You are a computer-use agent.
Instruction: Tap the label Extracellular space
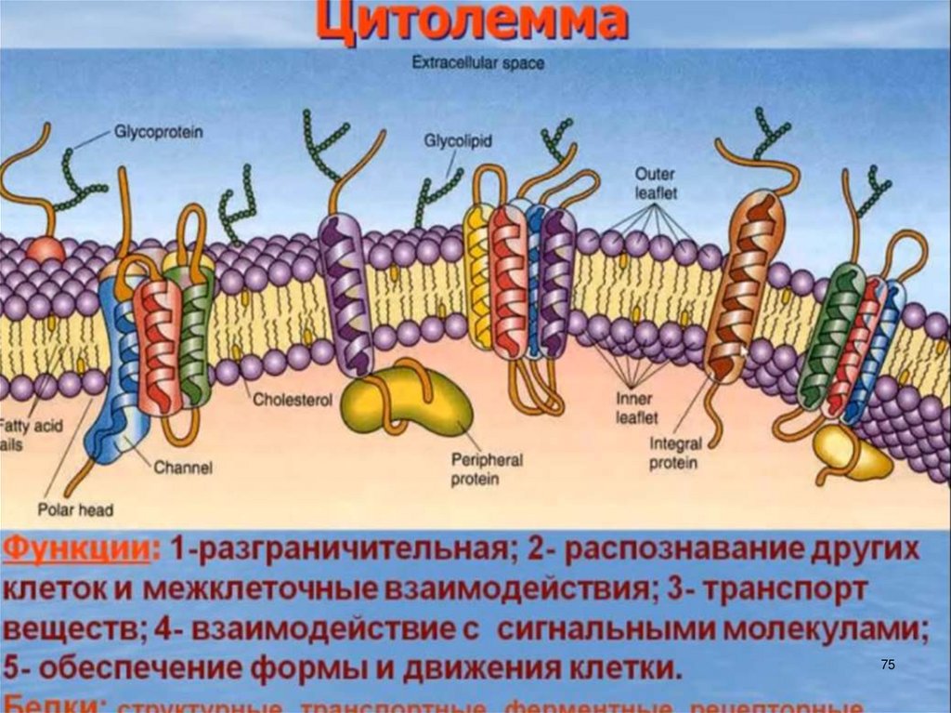coord(478,64)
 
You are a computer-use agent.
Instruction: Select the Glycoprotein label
coord(158,132)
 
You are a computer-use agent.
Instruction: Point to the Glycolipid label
coord(458,140)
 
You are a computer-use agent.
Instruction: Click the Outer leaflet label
coord(656,183)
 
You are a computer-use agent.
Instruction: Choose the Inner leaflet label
coord(637,408)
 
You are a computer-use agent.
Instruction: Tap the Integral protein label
coord(675,454)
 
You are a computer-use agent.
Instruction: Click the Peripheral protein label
coord(487,469)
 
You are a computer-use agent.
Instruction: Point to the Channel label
coord(183,468)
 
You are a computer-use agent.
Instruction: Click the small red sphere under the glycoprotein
coord(45,249)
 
